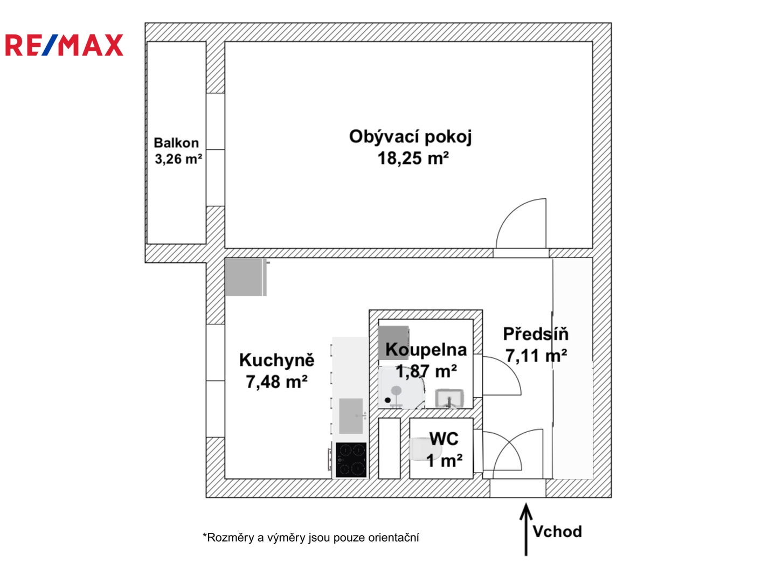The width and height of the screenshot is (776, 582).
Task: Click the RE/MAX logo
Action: coord(64,45)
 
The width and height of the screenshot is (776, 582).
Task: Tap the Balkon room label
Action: coord(176,143)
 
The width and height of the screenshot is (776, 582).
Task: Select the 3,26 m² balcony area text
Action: coord(178,159)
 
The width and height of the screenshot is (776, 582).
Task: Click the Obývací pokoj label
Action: coord(410,136)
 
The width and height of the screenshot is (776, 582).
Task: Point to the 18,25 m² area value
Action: coord(413,158)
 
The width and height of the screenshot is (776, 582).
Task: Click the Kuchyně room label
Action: coord(276,360)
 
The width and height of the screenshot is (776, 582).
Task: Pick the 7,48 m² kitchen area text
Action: coord(276,382)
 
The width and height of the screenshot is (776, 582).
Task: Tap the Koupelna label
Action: coord(426,350)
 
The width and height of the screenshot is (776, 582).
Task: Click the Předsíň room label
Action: coord(536,334)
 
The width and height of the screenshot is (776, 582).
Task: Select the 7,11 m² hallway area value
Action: coord(536,356)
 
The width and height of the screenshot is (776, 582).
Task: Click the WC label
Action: coord(444,439)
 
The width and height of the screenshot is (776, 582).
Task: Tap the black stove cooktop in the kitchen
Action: coord(351,460)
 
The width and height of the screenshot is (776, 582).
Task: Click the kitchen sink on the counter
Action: coord(351,415)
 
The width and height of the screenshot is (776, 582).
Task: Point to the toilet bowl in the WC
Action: coord(419,449)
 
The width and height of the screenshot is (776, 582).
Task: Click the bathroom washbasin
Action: coord(449,398)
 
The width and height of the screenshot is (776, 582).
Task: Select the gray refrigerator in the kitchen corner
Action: coord(245,277)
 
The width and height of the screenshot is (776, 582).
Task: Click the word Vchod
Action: coord(557,532)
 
